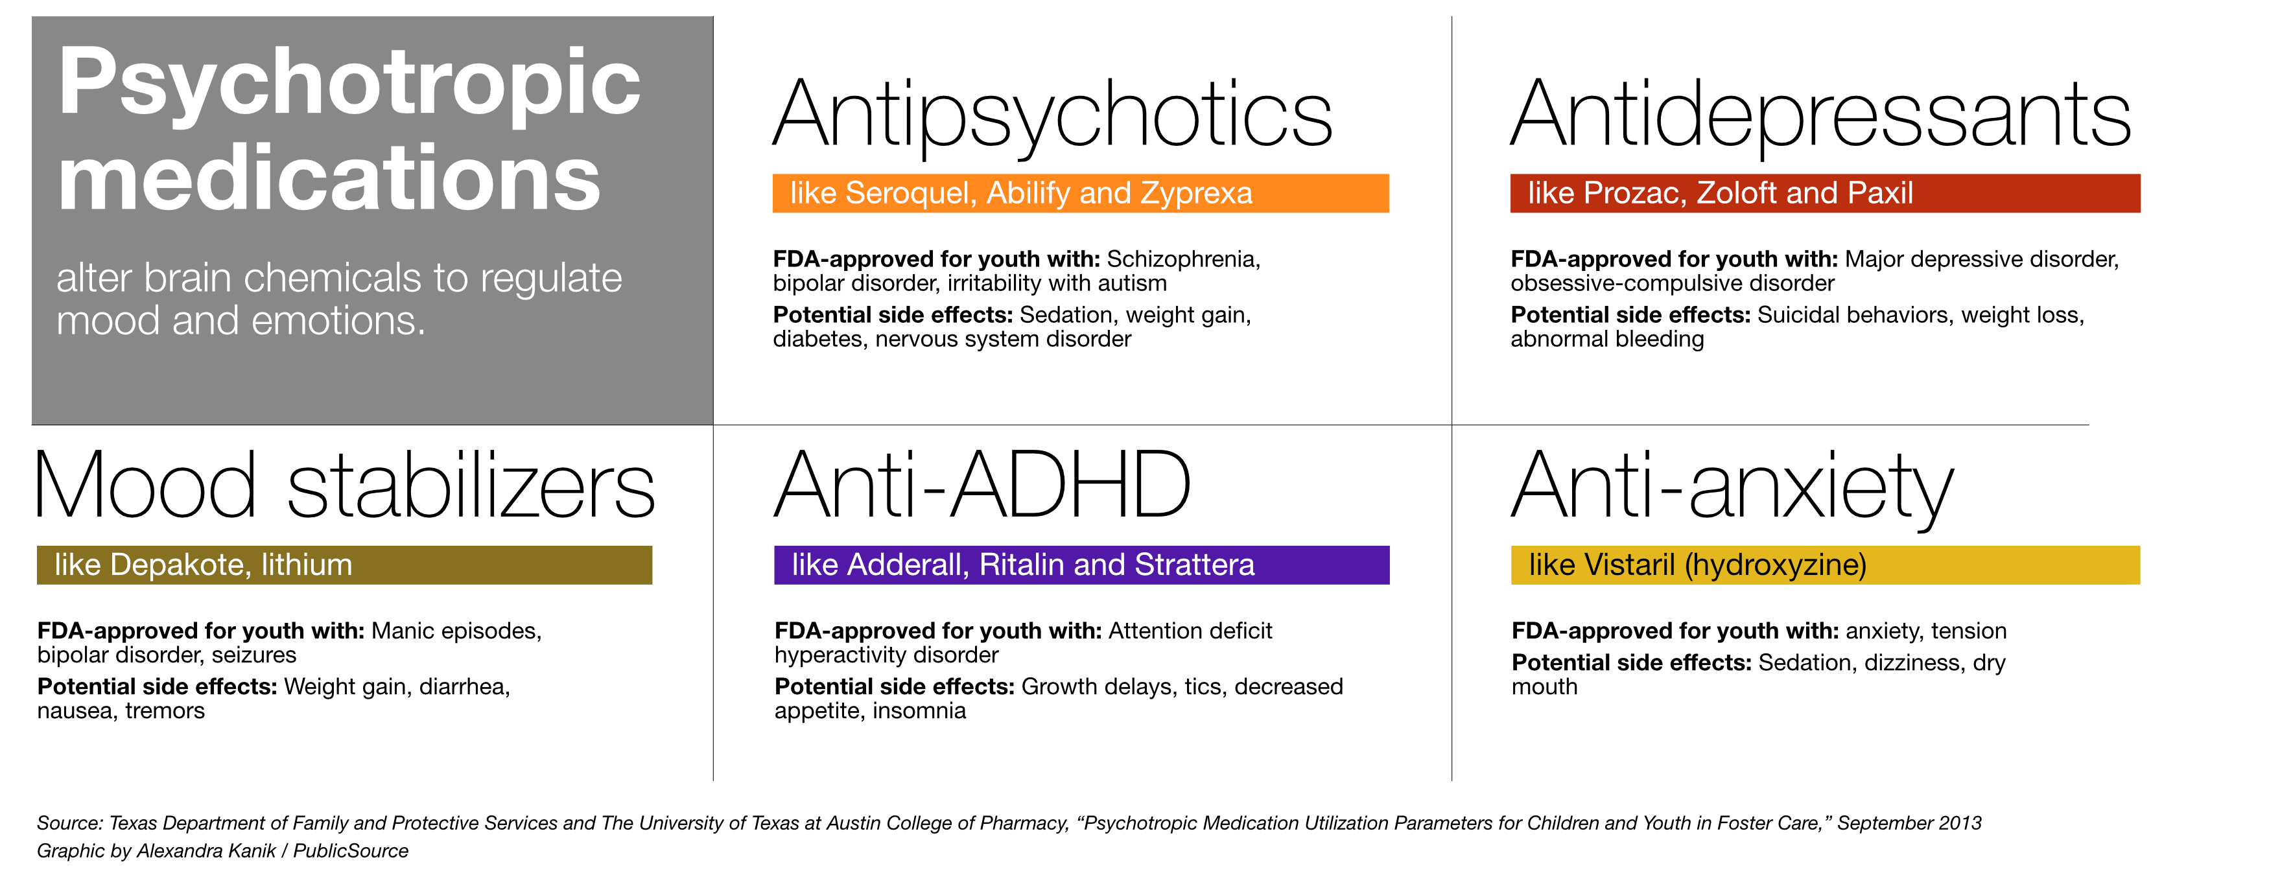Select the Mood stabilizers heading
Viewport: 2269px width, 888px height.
click(344, 485)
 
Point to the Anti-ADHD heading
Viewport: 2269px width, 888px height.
click(982, 485)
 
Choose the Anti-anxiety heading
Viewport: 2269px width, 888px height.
click(1733, 489)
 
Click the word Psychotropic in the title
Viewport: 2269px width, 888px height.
click(349, 84)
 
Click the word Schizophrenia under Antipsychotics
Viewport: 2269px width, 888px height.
click(1183, 260)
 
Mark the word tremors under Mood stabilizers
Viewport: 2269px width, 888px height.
click(165, 711)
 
